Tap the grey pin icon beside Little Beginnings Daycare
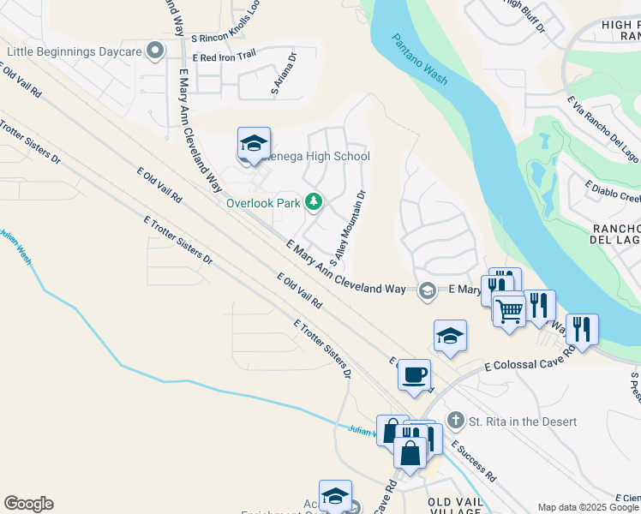(155, 52)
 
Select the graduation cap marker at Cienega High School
(254, 146)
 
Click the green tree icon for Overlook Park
(315, 202)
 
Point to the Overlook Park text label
(263, 203)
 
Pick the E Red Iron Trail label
(225, 57)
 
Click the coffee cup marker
(415, 375)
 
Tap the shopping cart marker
(509, 308)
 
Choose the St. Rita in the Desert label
(523, 421)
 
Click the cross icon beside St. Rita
(455, 421)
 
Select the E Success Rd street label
(474, 460)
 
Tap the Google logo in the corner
(28, 504)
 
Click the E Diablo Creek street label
(612, 193)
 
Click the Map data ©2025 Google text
(588, 507)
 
